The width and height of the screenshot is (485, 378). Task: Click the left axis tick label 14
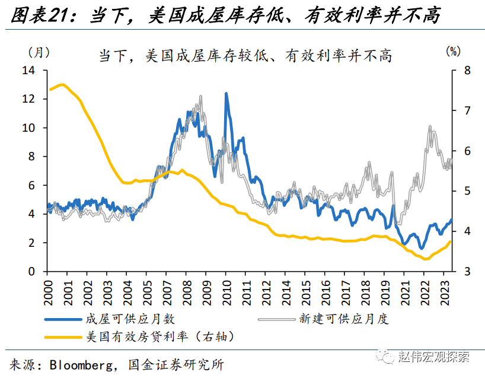pyautogui.click(x=29, y=71)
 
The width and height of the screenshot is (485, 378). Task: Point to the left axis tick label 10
pyautogui.click(x=29, y=128)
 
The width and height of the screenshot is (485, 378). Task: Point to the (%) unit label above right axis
pyautogui.click(x=453, y=52)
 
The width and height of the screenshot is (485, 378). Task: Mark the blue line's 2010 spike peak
pyautogui.click(x=226, y=93)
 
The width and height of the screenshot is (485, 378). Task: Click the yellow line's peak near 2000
pyautogui.click(x=62, y=85)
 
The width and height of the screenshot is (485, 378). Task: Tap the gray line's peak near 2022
pyautogui.click(x=430, y=126)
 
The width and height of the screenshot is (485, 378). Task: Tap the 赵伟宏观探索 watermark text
pyautogui.click(x=436, y=357)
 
